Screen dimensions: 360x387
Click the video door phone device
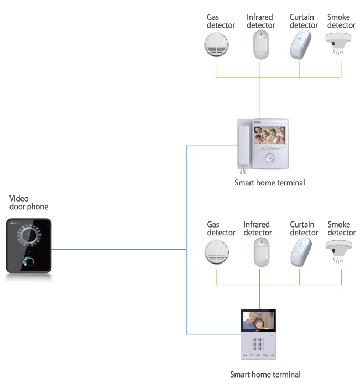coord(29,246)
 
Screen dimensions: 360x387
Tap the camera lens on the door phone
coord(29,235)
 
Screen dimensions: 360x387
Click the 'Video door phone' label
coord(29,203)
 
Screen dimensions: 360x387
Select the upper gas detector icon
coord(216,45)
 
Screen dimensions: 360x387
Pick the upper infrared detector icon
coord(261,44)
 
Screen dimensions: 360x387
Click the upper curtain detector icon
coord(300,45)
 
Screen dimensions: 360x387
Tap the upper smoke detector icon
coord(338,44)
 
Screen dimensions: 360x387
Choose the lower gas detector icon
coord(217,252)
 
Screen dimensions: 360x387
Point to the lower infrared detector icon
coord(262,252)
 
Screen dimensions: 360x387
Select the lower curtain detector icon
coord(301,252)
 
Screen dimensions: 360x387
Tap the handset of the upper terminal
coord(243,147)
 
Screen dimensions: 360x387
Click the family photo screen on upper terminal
coord(270,135)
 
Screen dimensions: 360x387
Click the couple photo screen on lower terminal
coord(258,321)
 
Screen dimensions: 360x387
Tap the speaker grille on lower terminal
coord(258,344)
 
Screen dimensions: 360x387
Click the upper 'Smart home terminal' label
coord(269,183)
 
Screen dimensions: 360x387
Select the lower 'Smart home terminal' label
coord(265,374)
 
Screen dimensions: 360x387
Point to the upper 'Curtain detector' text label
coord(304,21)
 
